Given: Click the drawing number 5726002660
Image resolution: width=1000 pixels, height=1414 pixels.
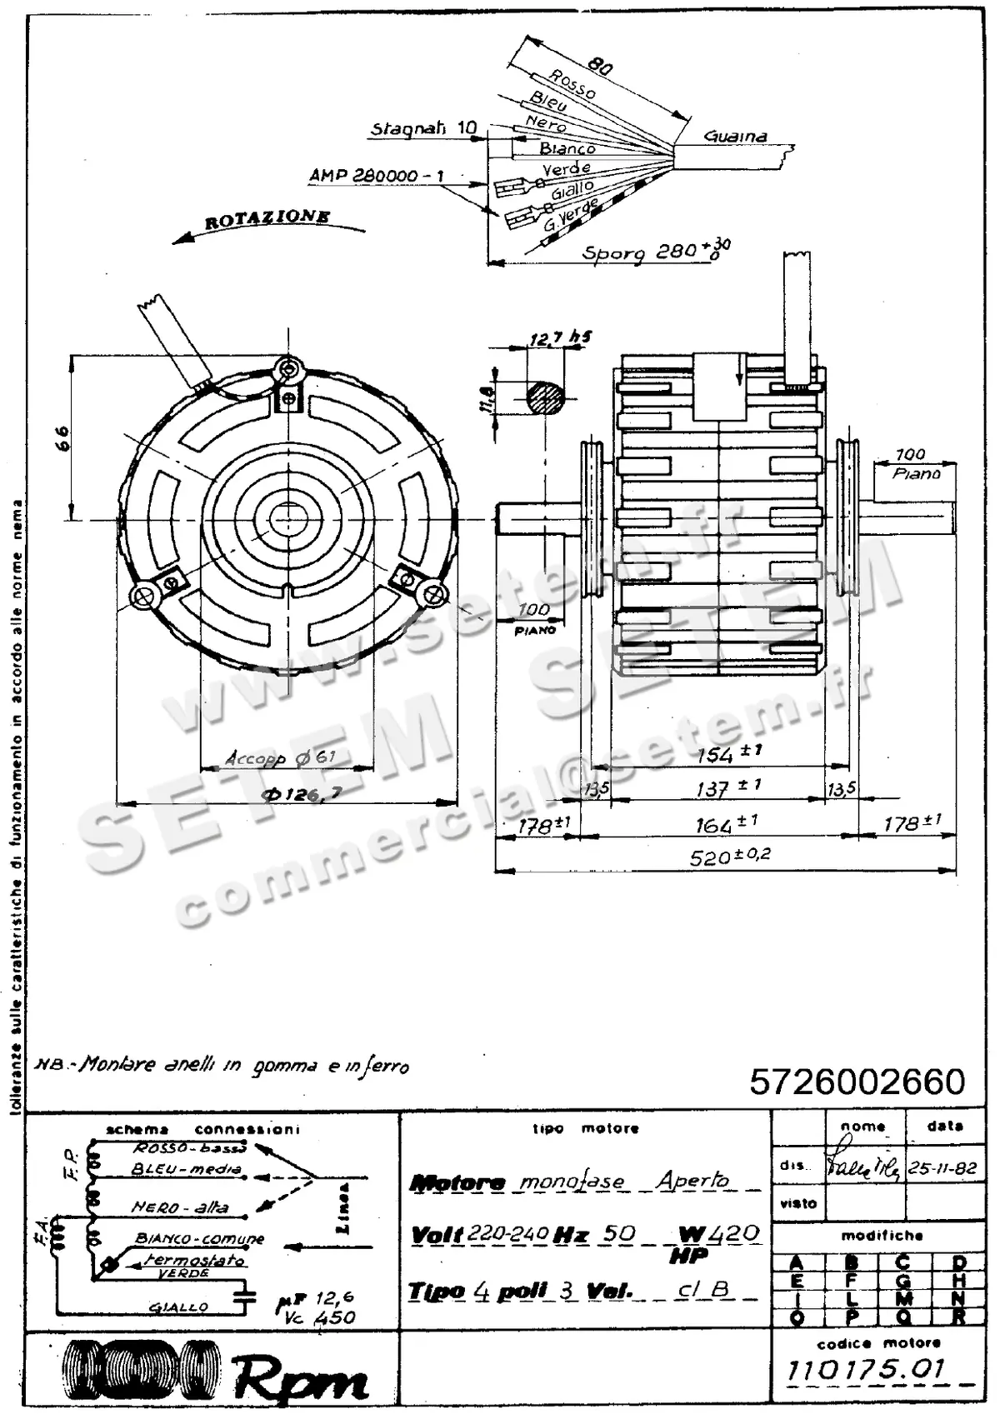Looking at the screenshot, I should pyautogui.click(x=857, y=1082).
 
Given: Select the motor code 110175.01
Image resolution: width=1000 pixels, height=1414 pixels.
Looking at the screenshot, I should pyautogui.click(x=867, y=1369).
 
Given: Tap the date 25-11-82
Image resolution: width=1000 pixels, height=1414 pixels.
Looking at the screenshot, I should pyautogui.click(x=942, y=1168).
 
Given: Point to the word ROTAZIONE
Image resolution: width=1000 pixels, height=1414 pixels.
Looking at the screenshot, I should pyautogui.click(x=267, y=219).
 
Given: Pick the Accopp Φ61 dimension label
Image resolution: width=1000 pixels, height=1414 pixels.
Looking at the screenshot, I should pyautogui.click(x=280, y=758).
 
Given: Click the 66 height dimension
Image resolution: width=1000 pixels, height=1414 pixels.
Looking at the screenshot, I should pyautogui.click(x=62, y=438).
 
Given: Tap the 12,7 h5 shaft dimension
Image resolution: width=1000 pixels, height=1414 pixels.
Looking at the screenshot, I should pyautogui.click(x=560, y=338).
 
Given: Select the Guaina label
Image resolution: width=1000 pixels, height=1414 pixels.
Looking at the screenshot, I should pyautogui.click(x=735, y=136).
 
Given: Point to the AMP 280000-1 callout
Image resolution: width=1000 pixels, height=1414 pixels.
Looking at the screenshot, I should pyautogui.click(x=376, y=176).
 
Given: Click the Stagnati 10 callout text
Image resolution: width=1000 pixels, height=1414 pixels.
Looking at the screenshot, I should pyautogui.click(x=423, y=128).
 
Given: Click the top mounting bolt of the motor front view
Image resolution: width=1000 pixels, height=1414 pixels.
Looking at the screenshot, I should pyautogui.click(x=289, y=367).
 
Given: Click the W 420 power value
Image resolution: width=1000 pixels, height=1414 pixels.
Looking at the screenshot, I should pyautogui.click(x=719, y=1233).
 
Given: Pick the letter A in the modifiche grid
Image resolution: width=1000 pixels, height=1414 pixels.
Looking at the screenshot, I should pyautogui.click(x=797, y=1264).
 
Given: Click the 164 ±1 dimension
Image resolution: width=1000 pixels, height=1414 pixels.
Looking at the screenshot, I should pyautogui.click(x=727, y=825).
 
